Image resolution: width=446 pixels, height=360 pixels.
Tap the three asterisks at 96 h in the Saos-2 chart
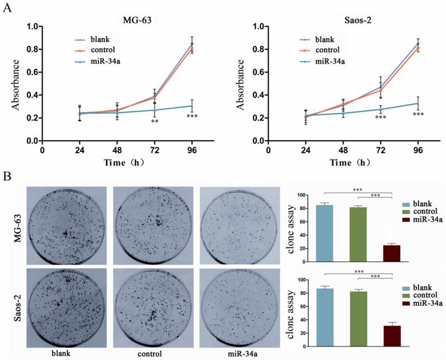pos(418,115)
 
